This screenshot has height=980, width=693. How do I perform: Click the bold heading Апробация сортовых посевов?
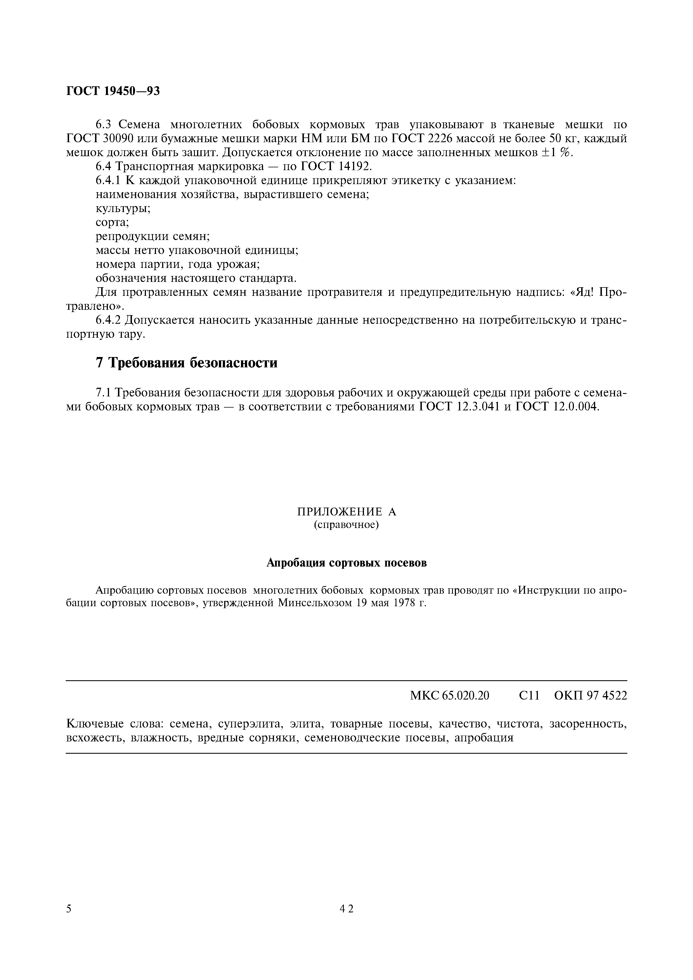coord(346,563)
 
